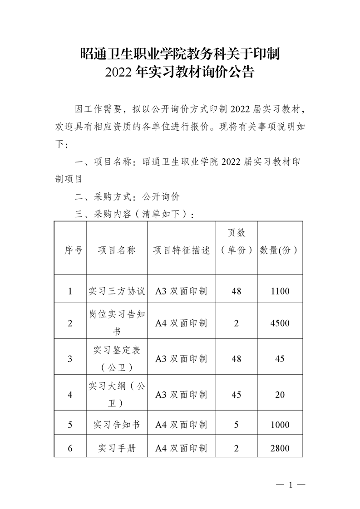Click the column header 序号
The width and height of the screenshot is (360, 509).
70,250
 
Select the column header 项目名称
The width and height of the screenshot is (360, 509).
117,250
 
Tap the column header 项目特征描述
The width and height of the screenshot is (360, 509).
181,250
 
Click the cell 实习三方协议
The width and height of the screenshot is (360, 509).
117,291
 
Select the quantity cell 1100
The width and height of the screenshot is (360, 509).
280,291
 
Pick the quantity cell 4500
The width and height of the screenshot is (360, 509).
280,323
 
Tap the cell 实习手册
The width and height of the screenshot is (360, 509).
117,449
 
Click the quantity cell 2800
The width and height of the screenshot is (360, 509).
280,449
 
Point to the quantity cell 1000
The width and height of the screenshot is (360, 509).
280,425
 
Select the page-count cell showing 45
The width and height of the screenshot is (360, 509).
236,395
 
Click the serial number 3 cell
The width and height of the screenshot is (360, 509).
70,359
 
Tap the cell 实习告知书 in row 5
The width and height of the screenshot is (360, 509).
117,425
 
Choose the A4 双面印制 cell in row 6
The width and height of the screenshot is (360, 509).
181,449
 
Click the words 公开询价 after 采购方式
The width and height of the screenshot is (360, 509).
161,196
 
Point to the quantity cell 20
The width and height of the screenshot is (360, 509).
280,395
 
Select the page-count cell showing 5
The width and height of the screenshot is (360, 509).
236,425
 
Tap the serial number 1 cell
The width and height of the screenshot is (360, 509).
70,291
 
